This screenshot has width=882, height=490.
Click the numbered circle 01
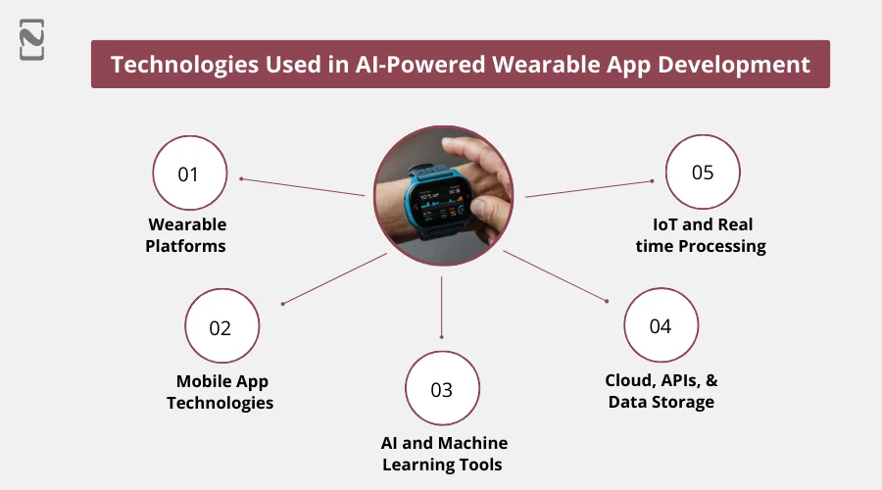[189, 174]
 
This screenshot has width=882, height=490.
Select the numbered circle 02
[221, 327]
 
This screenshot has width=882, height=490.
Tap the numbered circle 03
[442, 389]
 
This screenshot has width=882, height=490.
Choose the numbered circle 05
[703, 172]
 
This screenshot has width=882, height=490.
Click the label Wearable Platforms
[186, 235]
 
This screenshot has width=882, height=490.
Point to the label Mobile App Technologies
[220, 392]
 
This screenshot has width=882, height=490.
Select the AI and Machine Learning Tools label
[444, 454]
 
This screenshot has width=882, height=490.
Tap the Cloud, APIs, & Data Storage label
[661, 391]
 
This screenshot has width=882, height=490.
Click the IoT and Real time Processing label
[701, 236]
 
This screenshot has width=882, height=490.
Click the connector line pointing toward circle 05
[588, 188]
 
